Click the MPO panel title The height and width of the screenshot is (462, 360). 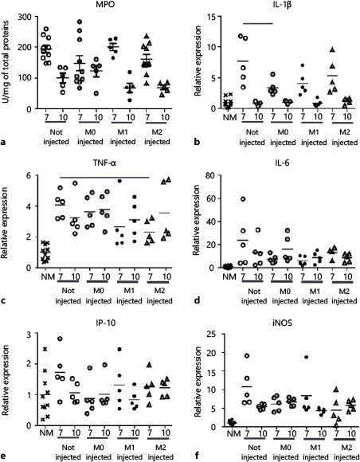(100, 6)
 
